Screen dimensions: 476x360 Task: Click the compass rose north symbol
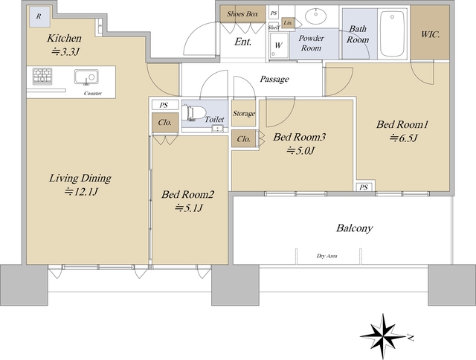pyautogui.click(x=384, y=336)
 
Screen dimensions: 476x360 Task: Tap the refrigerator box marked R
pyautogui.click(x=39, y=16)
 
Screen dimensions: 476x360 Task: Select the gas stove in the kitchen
pyautogui.click(x=42, y=76)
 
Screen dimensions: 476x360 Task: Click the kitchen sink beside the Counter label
pyautogui.click(x=86, y=77)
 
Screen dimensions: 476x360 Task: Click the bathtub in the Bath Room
pyautogui.click(x=393, y=33)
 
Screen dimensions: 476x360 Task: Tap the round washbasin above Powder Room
pyautogui.click(x=315, y=16)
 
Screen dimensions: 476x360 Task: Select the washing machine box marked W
pyautogui.click(x=279, y=45)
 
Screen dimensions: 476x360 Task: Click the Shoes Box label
pyautogui.click(x=242, y=13)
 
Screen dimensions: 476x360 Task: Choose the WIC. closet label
pyautogui.click(x=431, y=35)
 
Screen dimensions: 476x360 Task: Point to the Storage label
pyautogui.click(x=244, y=114)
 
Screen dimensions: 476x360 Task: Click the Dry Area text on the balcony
pyautogui.click(x=327, y=256)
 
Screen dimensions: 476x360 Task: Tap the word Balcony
pyautogui.click(x=354, y=228)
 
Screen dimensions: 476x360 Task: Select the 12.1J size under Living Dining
pyautogui.click(x=81, y=192)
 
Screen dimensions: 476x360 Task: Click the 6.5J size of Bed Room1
pyautogui.click(x=404, y=138)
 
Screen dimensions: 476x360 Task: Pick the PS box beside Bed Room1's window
pyautogui.click(x=364, y=187)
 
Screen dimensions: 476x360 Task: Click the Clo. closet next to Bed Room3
pyautogui.click(x=244, y=139)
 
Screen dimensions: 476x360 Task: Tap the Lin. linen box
pyautogui.click(x=288, y=23)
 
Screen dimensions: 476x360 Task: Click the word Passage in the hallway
pyautogui.click(x=274, y=80)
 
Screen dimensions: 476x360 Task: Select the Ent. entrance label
pyautogui.click(x=243, y=42)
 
